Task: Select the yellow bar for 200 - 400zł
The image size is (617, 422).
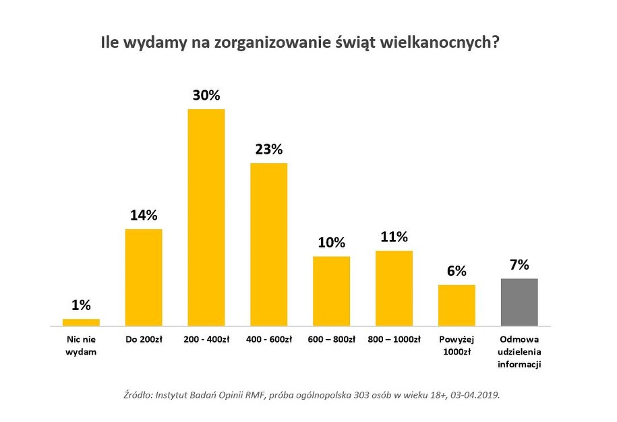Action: pyautogui.click(x=206, y=217)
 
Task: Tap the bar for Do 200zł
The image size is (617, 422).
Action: pyautogui.click(x=144, y=277)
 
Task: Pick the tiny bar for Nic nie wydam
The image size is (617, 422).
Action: pyautogui.click(x=81, y=322)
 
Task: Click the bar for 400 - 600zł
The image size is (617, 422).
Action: pyautogui.click(x=268, y=244)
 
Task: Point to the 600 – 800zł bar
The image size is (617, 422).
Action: pyautogui.click(x=331, y=291)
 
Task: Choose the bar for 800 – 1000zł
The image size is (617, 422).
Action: pyautogui.click(x=394, y=288)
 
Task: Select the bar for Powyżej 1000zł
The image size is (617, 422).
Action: pyautogui.click(x=457, y=305)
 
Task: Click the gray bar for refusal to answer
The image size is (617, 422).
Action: pyautogui.click(x=519, y=302)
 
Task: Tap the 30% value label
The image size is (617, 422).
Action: pyautogui.click(x=206, y=96)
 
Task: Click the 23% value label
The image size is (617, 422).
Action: pyautogui.click(x=268, y=150)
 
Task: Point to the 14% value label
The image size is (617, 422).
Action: pyautogui.click(x=144, y=216)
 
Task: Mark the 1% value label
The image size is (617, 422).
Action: pyautogui.click(x=81, y=305)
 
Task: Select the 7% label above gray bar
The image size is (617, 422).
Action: pyautogui.click(x=519, y=264)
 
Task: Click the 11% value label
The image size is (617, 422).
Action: pyautogui.click(x=394, y=237)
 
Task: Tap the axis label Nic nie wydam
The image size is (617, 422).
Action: pyautogui.click(x=81, y=345)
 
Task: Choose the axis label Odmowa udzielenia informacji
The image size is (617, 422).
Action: pyautogui.click(x=519, y=351)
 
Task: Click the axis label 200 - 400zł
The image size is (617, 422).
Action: pyautogui.click(x=206, y=339)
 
